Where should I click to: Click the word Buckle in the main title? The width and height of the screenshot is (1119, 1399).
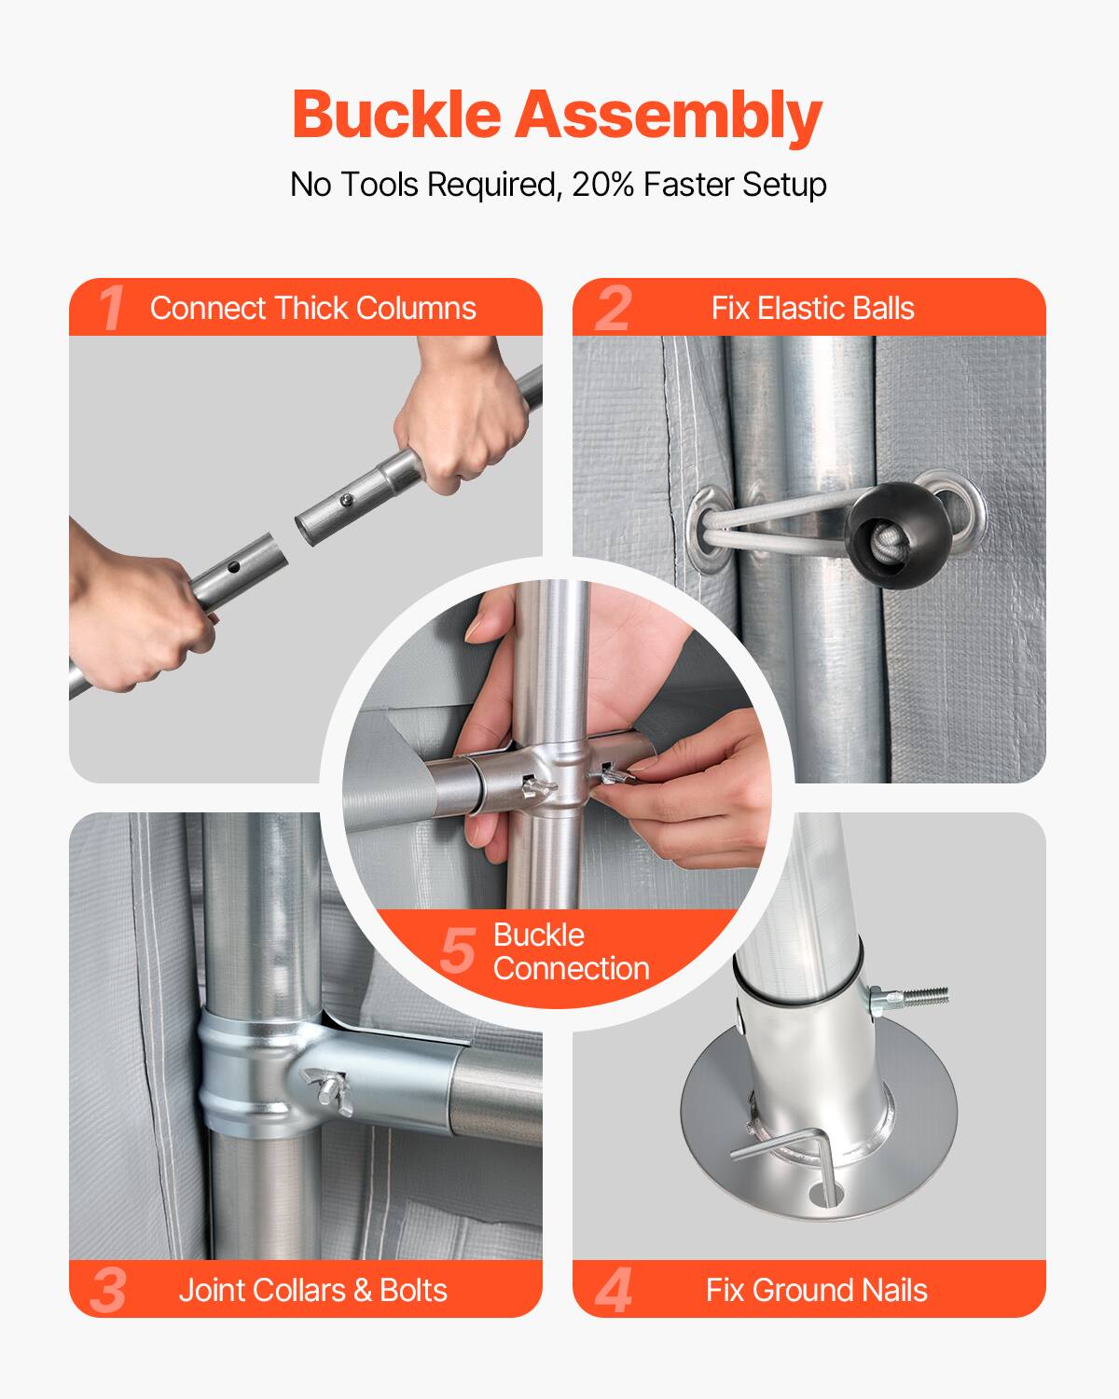coord(397,116)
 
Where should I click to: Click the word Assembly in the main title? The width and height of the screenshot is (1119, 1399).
coord(668,116)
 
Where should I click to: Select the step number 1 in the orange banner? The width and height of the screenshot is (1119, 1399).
coord(111,308)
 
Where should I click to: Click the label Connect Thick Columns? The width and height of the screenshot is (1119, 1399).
coord(312,308)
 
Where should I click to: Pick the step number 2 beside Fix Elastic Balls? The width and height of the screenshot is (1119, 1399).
coord(613,308)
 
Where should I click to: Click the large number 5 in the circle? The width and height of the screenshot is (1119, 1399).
coord(458,951)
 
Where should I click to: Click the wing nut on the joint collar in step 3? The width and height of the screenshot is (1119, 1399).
coord(325,1087)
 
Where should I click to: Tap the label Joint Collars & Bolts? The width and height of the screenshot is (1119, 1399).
coord(312,1290)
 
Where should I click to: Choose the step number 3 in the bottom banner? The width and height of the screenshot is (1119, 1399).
coord(109,1290)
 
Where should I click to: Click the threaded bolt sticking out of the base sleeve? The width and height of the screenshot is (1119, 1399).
coord(919,996)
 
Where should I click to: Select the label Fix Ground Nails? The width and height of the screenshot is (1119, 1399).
coord(816,1290)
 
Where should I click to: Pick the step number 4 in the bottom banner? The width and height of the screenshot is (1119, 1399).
coord(613,1290)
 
